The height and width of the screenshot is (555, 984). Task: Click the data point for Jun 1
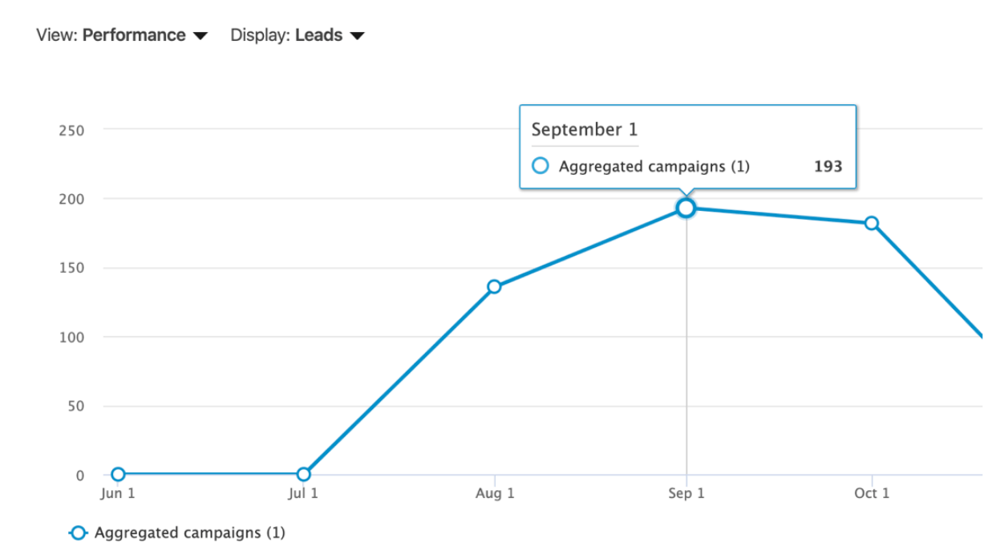coord(118,474)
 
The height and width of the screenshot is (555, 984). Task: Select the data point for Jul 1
coord(303,474)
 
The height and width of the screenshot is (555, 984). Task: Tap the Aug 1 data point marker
coord(494,286)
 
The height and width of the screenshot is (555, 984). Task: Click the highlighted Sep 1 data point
coord(686,209)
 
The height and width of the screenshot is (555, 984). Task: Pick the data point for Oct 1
coord(872,223)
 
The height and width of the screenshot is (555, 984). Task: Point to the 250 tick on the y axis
coord(71,130)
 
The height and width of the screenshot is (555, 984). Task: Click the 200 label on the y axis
coord(71,199)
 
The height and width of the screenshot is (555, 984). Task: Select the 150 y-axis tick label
coord(71,269)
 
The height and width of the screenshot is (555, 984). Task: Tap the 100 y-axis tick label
coord(71,338)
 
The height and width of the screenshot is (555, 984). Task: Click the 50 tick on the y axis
coord(75,407)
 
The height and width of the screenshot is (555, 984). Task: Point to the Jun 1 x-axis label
coord(118,493)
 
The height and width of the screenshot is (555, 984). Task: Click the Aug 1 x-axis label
coord(495,493)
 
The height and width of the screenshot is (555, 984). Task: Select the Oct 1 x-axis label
coord(872,493)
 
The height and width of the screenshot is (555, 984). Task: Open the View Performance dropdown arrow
coord(200,36)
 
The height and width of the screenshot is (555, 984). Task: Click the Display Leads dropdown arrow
coord(358,36)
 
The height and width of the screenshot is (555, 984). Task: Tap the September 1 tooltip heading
coord(584,130)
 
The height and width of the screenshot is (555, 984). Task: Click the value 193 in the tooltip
coord(828,167)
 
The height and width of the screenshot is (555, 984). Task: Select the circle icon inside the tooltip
coord(541,166)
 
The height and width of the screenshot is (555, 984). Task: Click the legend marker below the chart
coord(78,533)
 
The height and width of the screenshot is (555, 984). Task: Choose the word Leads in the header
coord(319,35)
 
